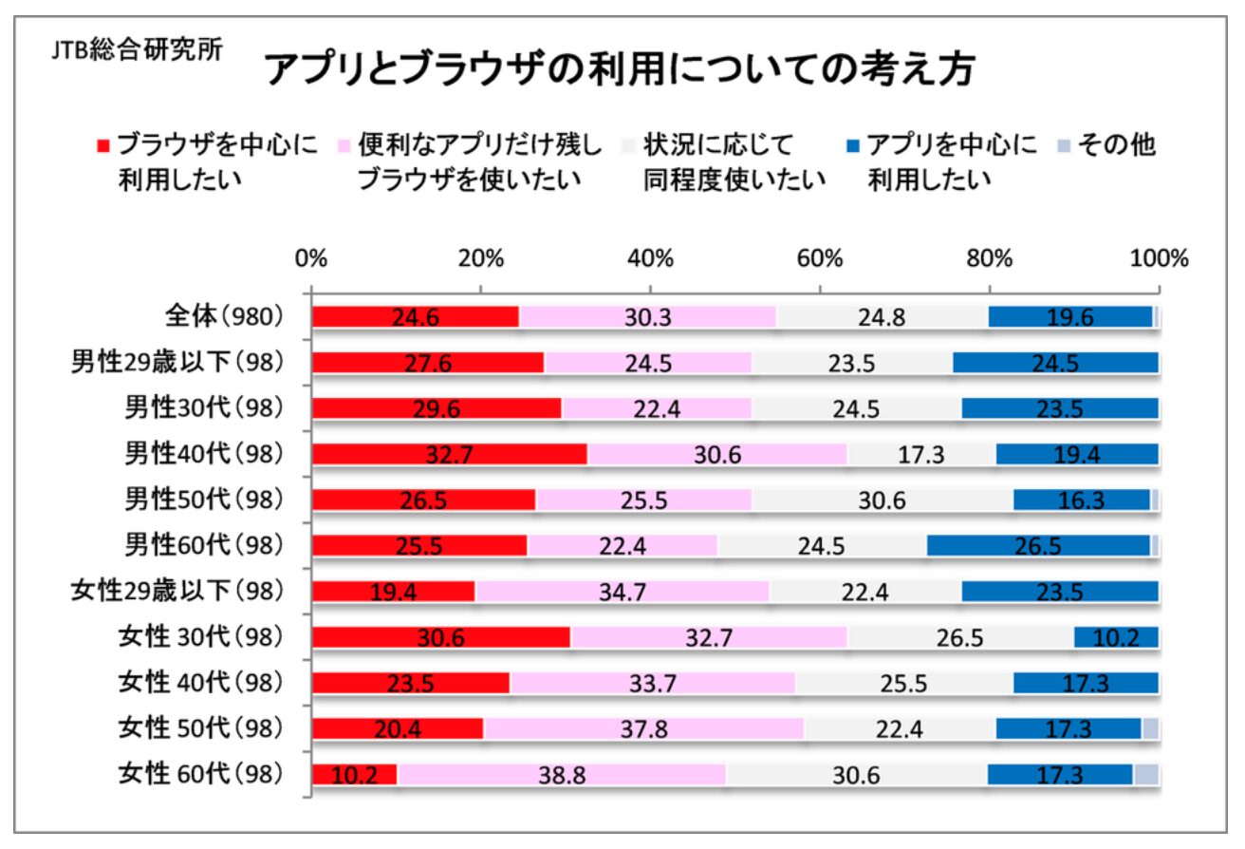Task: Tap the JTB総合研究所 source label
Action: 137,50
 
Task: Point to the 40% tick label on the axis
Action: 651,258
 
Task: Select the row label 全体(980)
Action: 224,316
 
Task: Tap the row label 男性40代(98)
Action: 205,453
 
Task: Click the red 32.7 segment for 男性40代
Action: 450,454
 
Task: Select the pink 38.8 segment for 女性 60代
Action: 561,775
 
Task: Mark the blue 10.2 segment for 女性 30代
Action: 1116,637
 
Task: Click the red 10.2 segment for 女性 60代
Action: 355,775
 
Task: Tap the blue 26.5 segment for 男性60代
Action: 1038,545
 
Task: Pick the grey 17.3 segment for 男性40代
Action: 921,454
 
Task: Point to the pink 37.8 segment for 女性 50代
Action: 643,728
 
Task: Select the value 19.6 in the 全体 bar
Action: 1069,317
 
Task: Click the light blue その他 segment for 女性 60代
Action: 1146,774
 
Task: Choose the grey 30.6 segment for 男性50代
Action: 883,500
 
